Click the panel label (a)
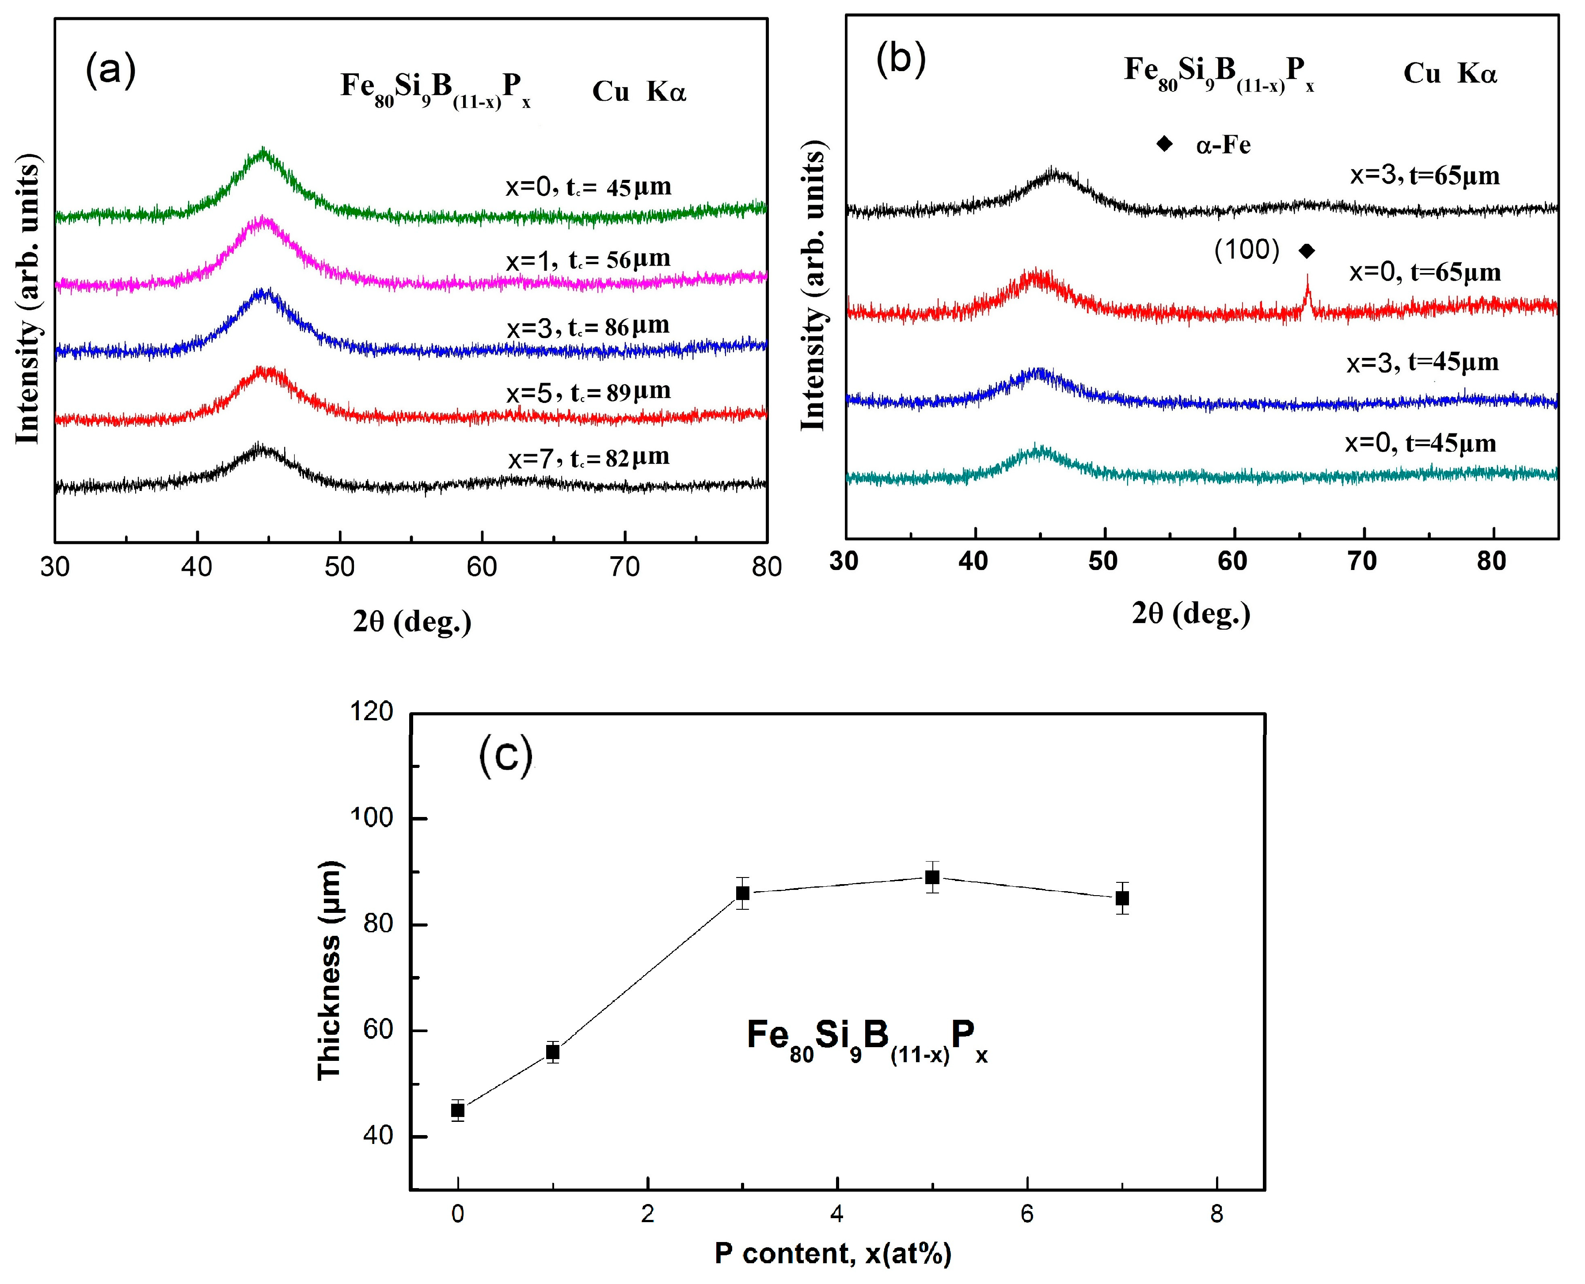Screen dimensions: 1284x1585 pyautogui.click(x=111, y=72)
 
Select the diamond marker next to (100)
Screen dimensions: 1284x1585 pyautogui.click(x=1307, y=251)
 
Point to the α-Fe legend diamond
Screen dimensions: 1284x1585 pyautogui.click(x=1164, y=144)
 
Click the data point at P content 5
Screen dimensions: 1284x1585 pyautogui.click(x=932, y=877)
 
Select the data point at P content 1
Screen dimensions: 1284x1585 pyautogui.click(x=552, y=1052)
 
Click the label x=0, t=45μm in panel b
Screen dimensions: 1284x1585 pyautogui.click(x=1420, y=443)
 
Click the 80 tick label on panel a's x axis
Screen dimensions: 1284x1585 pyautogui.click(x=766, y=567)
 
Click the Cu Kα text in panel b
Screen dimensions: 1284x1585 pyautogui.click(x=1450, y=73)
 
